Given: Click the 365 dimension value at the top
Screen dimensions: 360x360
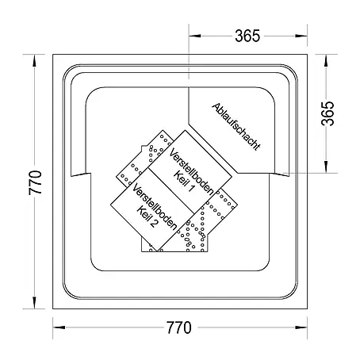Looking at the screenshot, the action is [247, 36].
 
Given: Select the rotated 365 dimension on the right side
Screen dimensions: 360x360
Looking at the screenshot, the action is [327, 113].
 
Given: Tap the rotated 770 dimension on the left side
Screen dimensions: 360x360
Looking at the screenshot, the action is [36, 182].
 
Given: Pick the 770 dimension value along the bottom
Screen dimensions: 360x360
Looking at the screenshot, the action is [178, 327].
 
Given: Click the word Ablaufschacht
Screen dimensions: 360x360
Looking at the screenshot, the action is [236, 127].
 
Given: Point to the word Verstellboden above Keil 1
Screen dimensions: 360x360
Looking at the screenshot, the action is [191, 171].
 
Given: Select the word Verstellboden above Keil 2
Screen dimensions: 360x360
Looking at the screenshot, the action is [155, 206].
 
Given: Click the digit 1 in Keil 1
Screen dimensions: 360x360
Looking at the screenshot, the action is [190, 188].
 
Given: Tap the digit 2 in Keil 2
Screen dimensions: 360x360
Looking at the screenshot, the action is [154, 223].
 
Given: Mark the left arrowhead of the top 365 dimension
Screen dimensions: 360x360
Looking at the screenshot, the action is [194, 36].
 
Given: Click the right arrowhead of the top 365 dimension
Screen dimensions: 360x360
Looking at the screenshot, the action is [301, 36].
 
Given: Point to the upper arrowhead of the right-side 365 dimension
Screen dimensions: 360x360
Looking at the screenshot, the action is [326, 60].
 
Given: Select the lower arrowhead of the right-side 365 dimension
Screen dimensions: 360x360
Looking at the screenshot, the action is [326, 167].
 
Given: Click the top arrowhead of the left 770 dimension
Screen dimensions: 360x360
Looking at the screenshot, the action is [34, 60].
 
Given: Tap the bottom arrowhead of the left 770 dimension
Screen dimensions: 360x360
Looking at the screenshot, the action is [34, 303].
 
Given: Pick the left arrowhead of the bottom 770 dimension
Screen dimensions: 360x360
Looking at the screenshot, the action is [59, 327].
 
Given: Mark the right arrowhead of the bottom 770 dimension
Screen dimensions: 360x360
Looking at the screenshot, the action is [301, 327].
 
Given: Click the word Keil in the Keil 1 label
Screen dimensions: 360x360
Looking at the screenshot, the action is [180, 178].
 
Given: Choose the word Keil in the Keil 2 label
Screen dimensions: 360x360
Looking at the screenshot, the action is [144, 213].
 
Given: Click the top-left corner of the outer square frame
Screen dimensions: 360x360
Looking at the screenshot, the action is [53, 55].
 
